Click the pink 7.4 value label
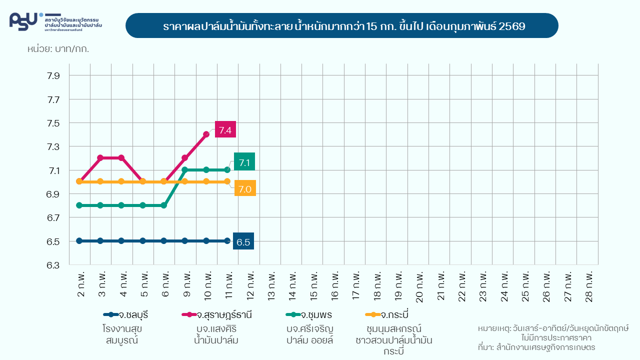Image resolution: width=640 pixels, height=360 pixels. click(225, 129)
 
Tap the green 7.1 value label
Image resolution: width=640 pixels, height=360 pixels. click(244, 162)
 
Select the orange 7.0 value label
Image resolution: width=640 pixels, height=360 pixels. click(245, 188)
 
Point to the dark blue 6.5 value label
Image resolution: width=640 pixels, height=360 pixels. click(243, 242)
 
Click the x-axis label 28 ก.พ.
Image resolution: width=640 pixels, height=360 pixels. click(588, 286)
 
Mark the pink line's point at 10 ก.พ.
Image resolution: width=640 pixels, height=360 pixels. click(206, 134)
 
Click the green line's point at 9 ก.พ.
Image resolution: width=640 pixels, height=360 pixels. click(185, 170)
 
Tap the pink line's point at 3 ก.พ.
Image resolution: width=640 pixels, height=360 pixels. click(100, 158)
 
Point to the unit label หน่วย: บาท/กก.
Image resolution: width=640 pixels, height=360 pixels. click(58, 49)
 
